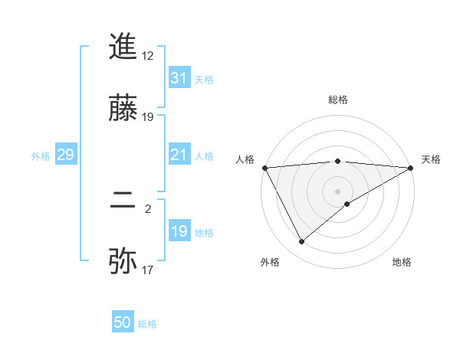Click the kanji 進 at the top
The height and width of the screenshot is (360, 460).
(x=123, y=47)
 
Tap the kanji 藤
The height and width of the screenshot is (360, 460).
(x=123, y=108)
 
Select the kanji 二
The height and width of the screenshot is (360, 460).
(x=123, y=202)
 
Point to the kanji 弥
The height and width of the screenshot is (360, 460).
(x=123, y=261)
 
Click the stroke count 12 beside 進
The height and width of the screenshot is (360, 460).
(x=148, y=56)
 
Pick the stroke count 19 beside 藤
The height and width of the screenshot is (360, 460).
(x=148, y=117)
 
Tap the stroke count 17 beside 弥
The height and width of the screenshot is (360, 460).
(x=148, y=270)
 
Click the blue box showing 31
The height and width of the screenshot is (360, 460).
(x=179, y=78)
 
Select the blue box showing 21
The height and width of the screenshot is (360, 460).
(x=179, y=155)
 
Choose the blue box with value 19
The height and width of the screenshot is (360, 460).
(x=179, y=231)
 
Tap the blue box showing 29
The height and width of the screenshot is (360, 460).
(x=66, y=155)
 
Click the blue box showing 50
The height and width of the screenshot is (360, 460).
(x=123, y=323)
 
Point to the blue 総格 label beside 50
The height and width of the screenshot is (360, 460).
(x=148, y=324)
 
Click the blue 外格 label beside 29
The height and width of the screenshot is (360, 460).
(x=41, y=156)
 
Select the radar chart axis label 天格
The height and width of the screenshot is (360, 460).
(x=431, y=159)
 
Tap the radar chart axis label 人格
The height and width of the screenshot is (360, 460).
(x=245, y=159)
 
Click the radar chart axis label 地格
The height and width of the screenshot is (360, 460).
(x=402, y=262)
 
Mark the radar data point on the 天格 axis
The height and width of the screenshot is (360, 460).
(x=411, y=167)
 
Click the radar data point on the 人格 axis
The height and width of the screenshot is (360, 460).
(x=264, y=167)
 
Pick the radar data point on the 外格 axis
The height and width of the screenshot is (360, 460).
(x=301, y=241)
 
